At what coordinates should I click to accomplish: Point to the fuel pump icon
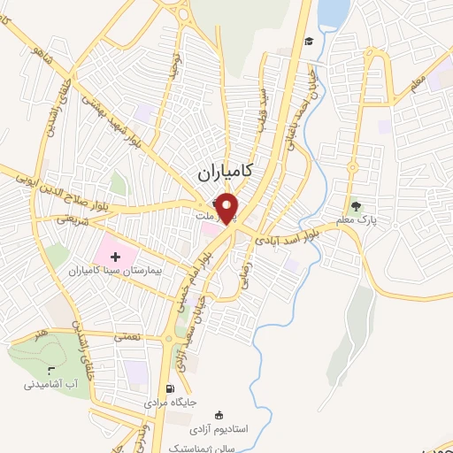(170, 388)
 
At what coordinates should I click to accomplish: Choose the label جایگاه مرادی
(169, 402)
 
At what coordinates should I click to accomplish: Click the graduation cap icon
(309, 42)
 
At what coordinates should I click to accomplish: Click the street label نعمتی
(124, 335)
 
